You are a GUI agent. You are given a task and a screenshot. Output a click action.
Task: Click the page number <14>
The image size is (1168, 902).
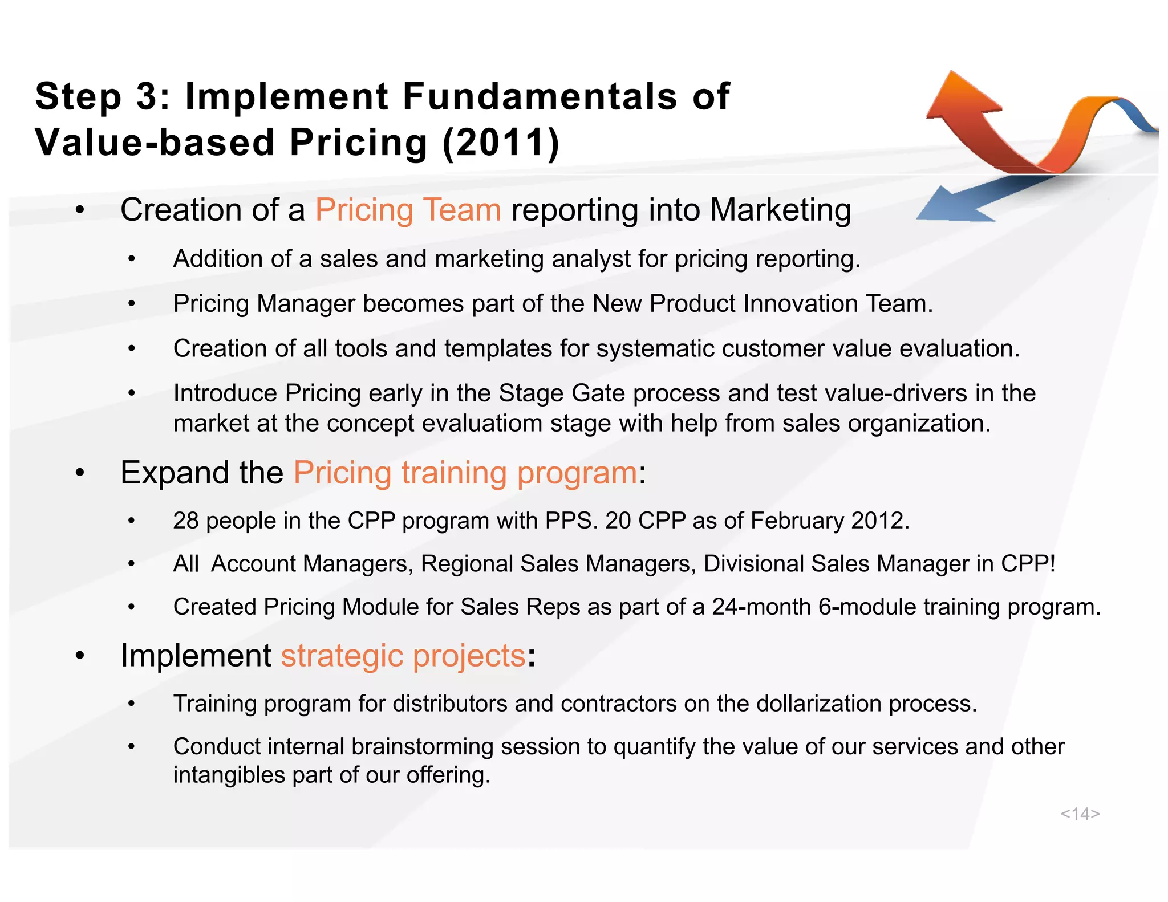[x=1080, y=814]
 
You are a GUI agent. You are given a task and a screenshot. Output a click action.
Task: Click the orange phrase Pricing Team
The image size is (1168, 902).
[x=408, y=210]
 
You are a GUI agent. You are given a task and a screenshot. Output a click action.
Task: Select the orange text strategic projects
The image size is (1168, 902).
[x=403, y=656]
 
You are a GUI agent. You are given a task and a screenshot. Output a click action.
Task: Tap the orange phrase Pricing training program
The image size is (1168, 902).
[x=465, y=473]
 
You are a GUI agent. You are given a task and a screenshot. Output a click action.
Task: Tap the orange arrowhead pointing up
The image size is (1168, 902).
[x=959, y=96]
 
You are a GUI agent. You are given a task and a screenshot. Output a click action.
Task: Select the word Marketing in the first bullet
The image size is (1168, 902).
[x=780, y=210]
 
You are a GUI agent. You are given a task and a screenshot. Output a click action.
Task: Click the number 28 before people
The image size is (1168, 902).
[x=186, y=521]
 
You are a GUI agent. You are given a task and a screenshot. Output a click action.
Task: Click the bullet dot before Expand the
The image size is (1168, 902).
[x=80, y=473]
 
